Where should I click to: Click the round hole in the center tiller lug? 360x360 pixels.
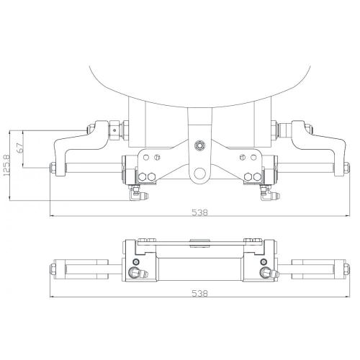pos(198,174)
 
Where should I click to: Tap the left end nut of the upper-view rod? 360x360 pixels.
pos(53,171)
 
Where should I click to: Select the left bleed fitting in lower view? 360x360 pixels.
pos(136,273)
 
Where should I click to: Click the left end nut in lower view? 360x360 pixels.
pos(53,270)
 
